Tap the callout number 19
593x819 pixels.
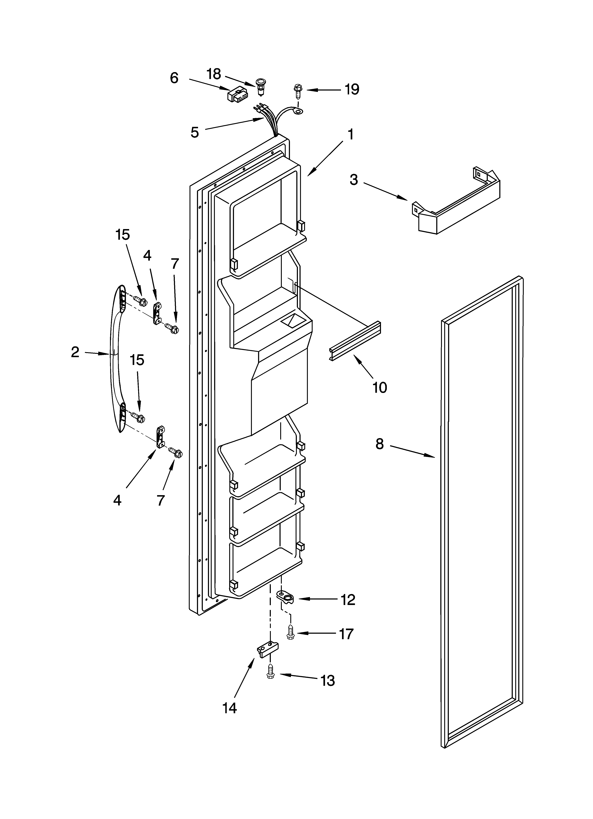pos(351,89)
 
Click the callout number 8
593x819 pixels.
pos(379,444)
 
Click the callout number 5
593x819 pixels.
pos(195,133)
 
